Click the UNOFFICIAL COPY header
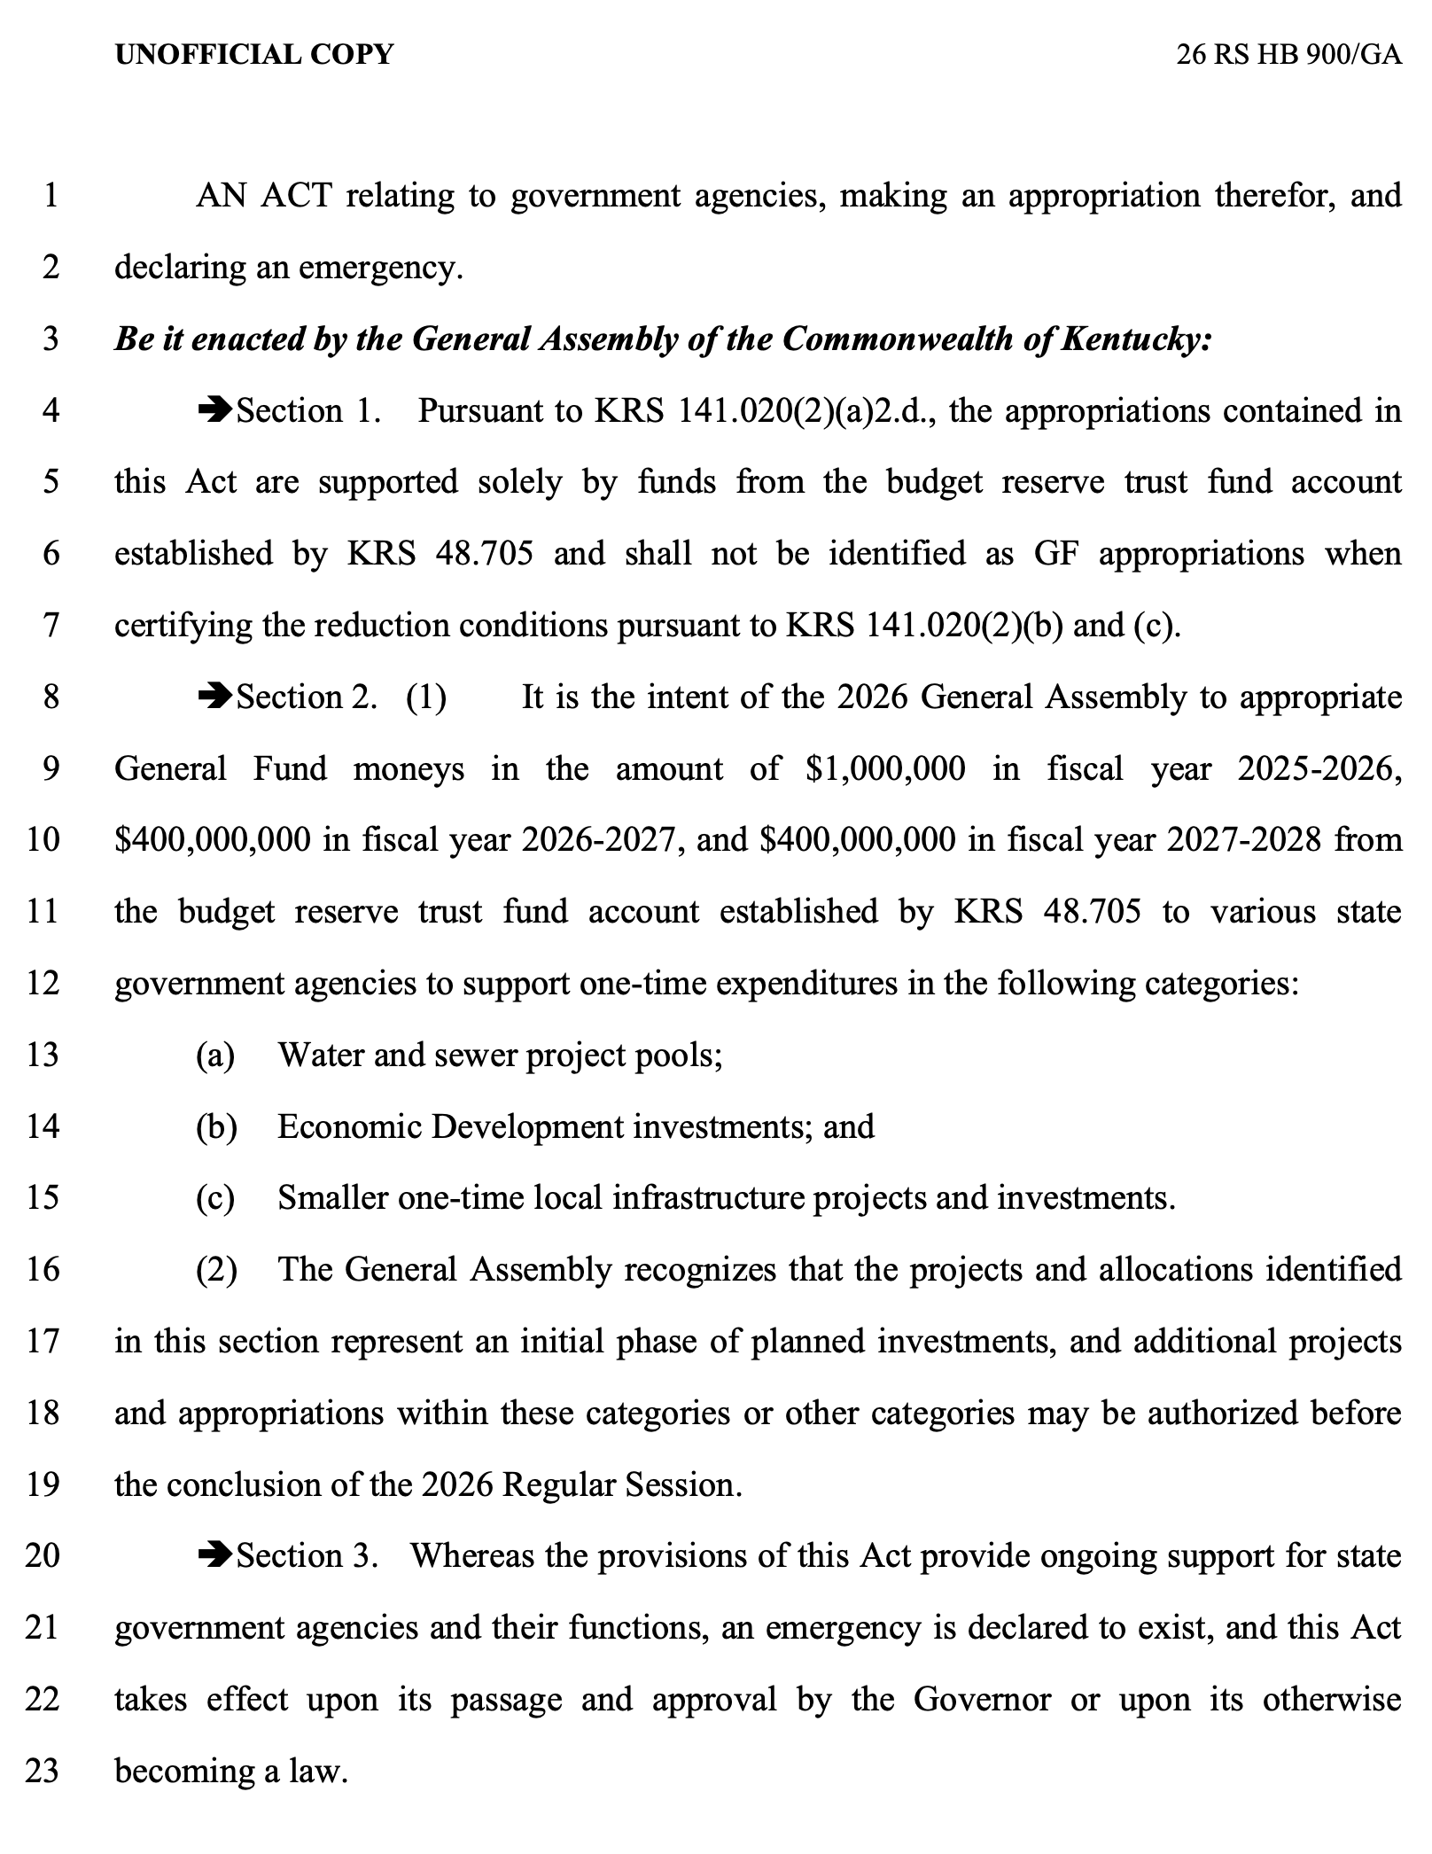click(254, 55)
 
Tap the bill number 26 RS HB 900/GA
click(1288, 55)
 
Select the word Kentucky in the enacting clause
click(1134, 339)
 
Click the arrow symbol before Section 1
click(214, 410)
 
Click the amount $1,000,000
click(885, 768)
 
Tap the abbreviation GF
click(1055, 554)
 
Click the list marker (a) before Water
click(215, 1055)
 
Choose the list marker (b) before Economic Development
click(216, 1126)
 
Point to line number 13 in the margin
click(43, 1055)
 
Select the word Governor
click(982, 1699)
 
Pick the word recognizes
click(700, 1269)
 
